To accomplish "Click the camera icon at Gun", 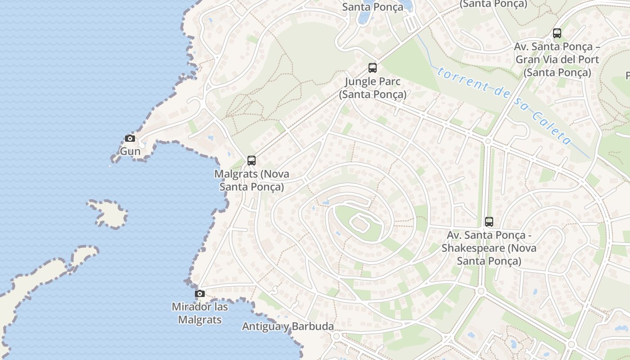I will pos(130,138).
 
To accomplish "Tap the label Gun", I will pos(130,151).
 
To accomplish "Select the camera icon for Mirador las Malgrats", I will pos(200,294).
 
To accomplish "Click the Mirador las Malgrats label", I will pos(200,313).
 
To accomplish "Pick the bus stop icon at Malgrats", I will pos(252,160).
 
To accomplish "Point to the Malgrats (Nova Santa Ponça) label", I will pos(252,180).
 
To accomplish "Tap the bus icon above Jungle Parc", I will pos(373,68).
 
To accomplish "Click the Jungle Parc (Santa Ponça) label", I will pos(373,88).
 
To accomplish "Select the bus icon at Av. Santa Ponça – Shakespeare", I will pos(489,221).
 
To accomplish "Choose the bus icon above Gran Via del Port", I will pos(557,33).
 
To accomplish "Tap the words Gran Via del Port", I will pos(557,59).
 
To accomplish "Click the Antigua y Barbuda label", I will pos(288,327).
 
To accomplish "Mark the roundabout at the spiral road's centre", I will pos(360,223).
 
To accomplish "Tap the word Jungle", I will pos(360,82).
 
